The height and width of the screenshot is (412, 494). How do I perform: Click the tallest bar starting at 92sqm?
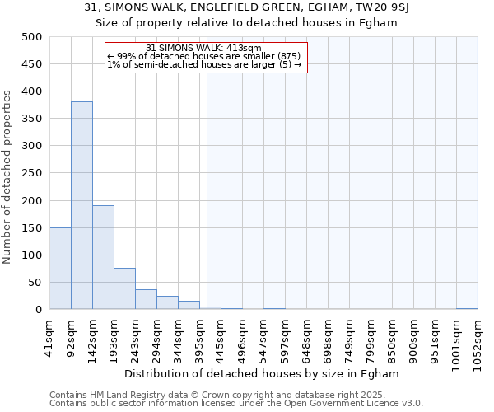pyautogui.click(x=82, y=205)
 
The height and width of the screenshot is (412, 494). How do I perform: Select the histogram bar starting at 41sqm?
pyautogui.click(x=60, y=269)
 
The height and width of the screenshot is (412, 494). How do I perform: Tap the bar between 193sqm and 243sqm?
pyautogui.click(x=124, y=288)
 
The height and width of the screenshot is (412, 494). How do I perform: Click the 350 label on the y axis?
pyautogui.click(x=33, y=119)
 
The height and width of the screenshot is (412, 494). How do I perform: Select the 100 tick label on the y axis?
pyautogui.click(x=33, y=255)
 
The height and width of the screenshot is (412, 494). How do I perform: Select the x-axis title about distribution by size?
pyautogui.click(x=263, y=373)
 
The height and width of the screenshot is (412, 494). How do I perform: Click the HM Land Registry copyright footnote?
pyautogui.click(x=227, y=395)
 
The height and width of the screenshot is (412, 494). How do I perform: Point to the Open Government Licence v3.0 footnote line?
pyautogui.click(x=235, y=403)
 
